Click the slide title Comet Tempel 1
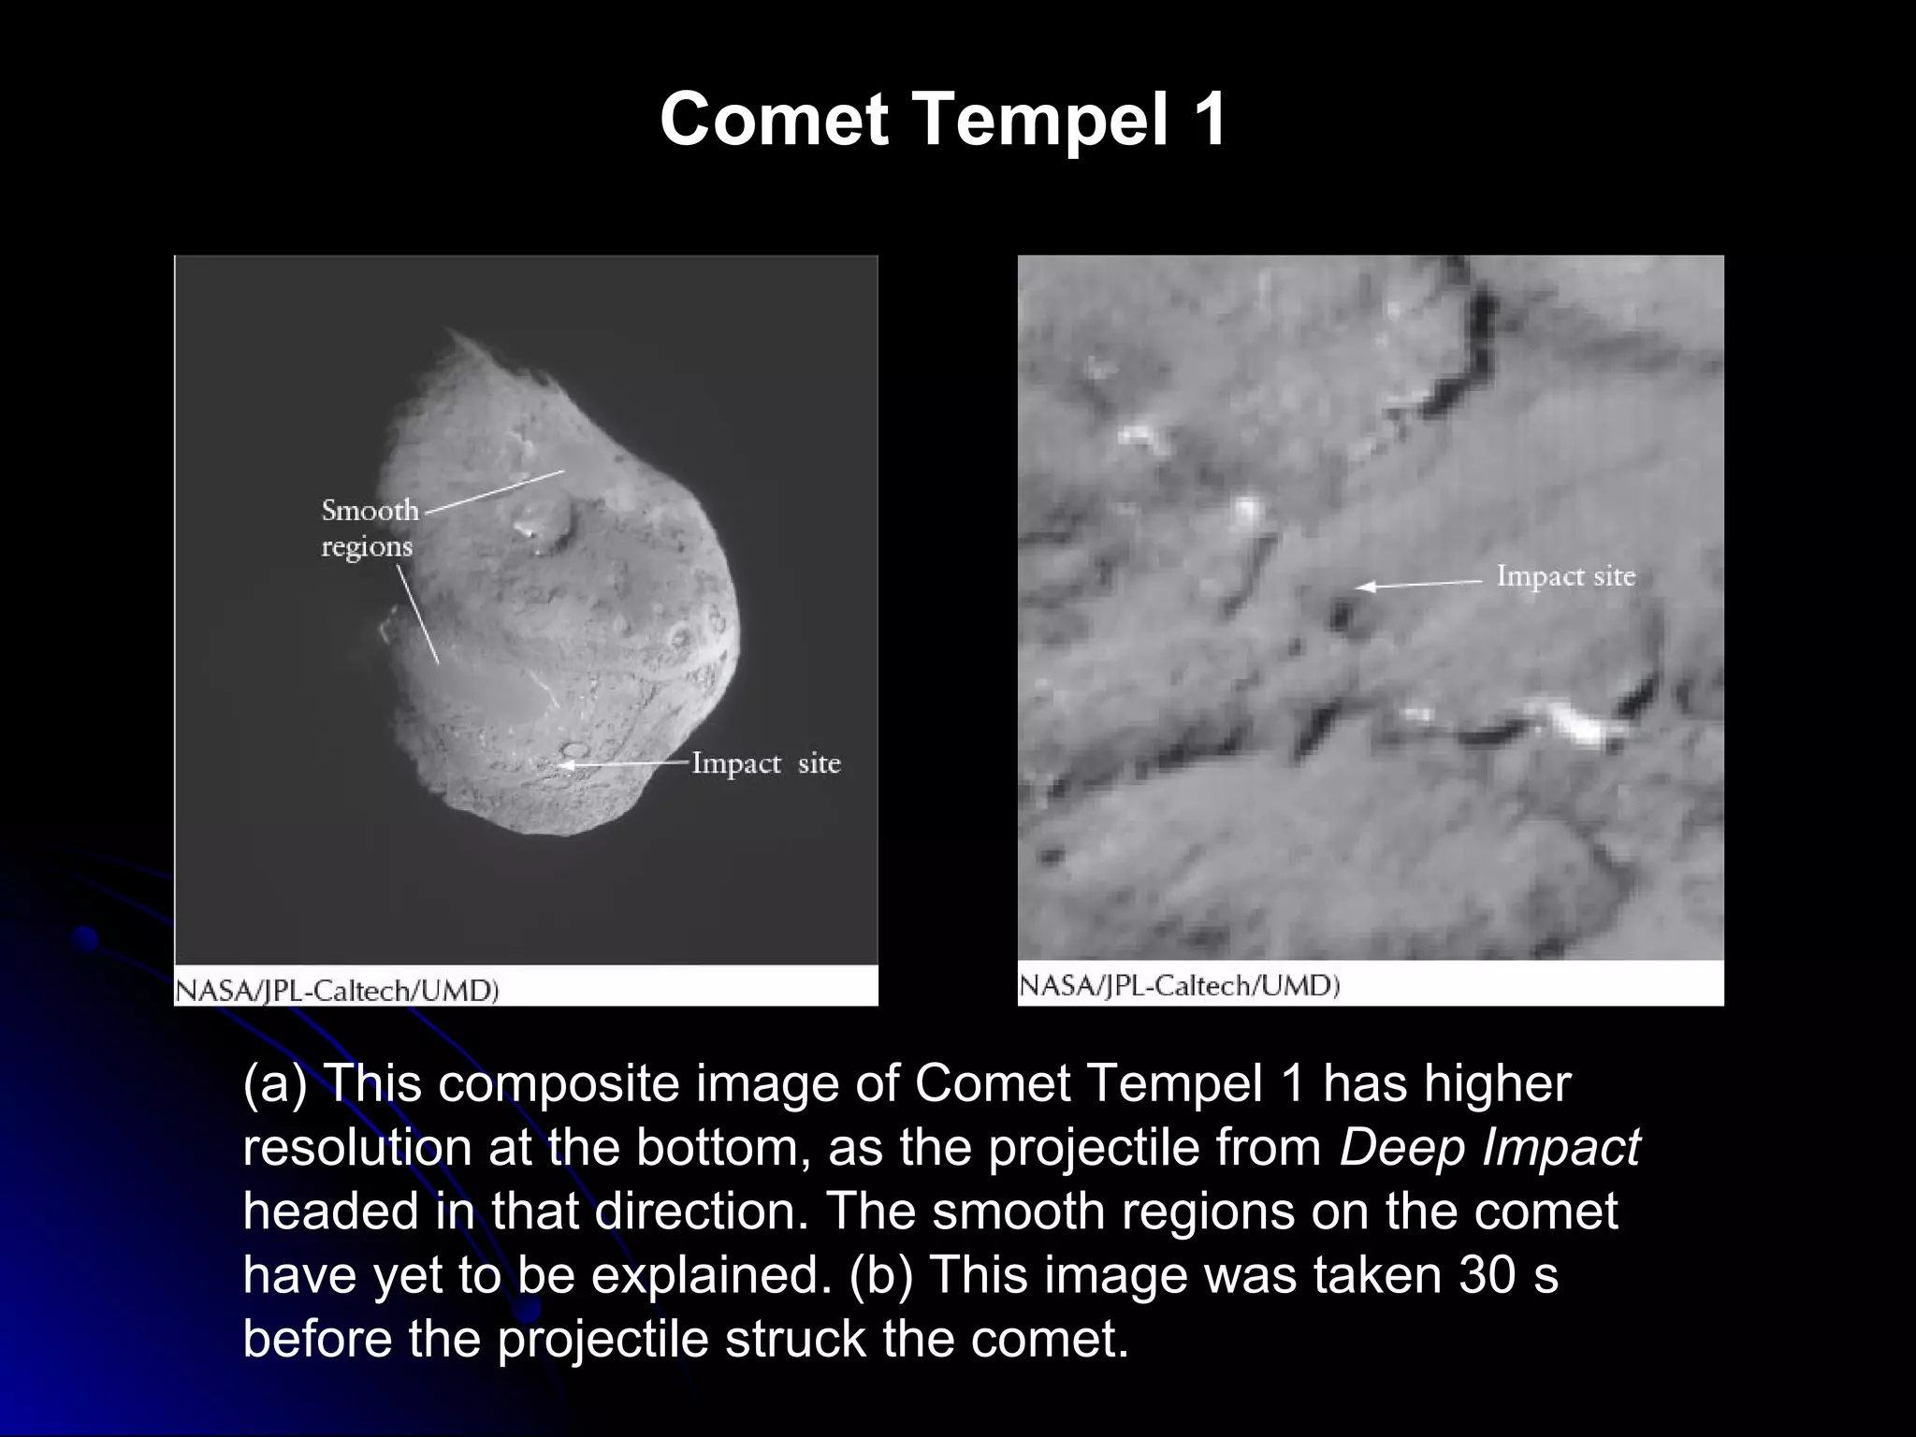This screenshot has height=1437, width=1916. pos(943,120)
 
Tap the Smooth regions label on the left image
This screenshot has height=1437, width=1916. pos(370,528)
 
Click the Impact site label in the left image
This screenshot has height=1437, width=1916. pos(765,763)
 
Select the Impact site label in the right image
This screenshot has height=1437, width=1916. pos(1565,575)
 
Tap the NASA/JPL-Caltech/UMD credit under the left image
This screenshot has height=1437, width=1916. pos(337,991)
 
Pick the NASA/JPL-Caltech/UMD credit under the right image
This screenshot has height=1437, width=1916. pos(1179,985)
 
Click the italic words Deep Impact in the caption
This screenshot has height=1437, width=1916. pos(1489,1147)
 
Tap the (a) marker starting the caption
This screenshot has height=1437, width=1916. pos(274,1083)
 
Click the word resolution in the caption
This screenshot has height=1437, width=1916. pos(357,1147)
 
